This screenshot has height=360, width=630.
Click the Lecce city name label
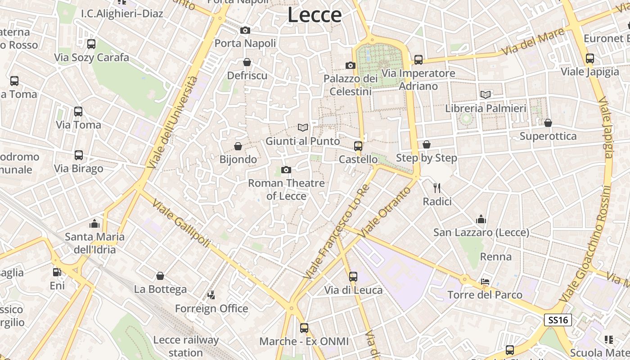tap(315, 15)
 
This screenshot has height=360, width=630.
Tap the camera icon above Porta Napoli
tap(245, 30)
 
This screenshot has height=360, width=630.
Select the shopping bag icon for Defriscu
tap(247, 62)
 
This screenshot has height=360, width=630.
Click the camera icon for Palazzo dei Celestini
tap(351, 65)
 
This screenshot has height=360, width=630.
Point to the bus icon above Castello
tap(358, 146)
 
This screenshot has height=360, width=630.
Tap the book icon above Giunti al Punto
tap(303, 127)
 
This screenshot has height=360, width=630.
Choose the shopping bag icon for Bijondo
tap(238, 146)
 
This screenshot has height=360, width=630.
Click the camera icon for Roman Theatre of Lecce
tap(286, 170)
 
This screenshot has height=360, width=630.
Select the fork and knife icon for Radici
tap(437, 188)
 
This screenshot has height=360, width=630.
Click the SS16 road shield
tap(558, 320)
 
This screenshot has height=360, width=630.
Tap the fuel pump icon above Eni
tap(57, 272)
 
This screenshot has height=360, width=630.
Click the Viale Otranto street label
tap(386, 212)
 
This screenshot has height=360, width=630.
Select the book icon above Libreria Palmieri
tap(486, 94)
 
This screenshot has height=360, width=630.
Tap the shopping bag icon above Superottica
tap(548, 123)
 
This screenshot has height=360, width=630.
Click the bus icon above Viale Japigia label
tap(590, 58)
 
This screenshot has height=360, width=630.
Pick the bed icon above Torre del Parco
tap(485, 282)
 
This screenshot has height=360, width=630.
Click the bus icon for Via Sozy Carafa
tap(91, 44)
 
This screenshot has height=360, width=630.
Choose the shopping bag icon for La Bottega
tap(160, 276)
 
